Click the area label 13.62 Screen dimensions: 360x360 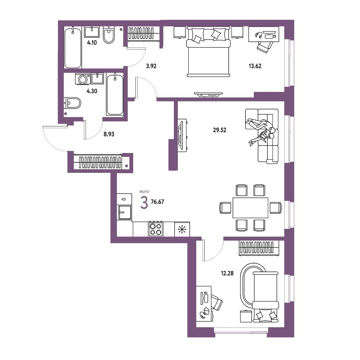click(255, 66)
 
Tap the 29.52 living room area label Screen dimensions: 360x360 click(220, 130)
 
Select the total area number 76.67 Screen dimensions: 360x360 click(157, 202)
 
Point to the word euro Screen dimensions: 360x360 click(144, 191)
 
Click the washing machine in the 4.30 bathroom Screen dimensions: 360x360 click(83, 79)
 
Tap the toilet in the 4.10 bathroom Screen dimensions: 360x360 click(109, 35)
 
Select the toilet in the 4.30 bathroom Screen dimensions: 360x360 click(72, 103)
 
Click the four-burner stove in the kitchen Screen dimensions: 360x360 click(156, 229)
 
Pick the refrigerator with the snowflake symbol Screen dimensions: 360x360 click(182, 229)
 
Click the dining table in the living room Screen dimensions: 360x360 click(250, 208)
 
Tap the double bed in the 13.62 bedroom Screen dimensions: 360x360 click(208, 51)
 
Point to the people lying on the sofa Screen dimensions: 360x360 click(262, 131)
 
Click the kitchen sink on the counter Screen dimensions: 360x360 click(125, 212)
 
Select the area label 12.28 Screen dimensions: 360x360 click(227, 273)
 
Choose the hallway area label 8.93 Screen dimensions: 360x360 click(109, 134)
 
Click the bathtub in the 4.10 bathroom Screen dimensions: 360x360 click(73, 48)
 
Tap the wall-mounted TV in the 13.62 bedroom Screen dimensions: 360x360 click(208, 94)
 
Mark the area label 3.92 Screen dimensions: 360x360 click(151, 66)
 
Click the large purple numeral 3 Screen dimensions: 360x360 click(144, 203)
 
